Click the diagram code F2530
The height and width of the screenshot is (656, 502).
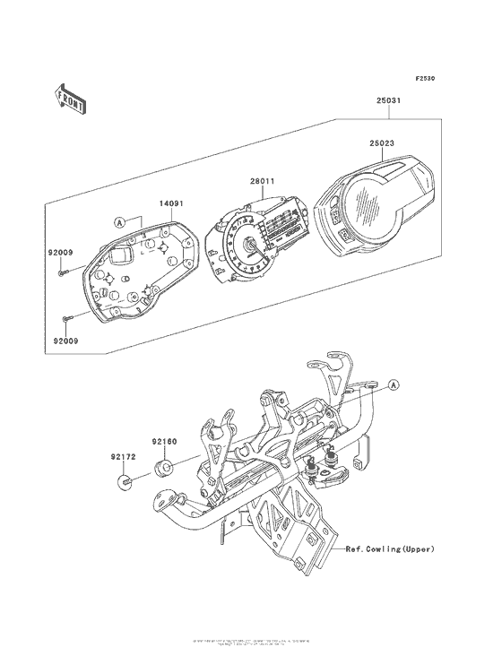425,79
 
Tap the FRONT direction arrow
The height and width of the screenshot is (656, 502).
71,98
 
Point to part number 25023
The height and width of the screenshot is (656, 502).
382,142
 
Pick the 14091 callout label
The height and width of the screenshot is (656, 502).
172,204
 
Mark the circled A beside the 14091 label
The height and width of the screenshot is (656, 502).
118,220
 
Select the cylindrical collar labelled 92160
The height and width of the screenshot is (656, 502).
164,467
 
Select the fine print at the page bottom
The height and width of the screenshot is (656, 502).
251,642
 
